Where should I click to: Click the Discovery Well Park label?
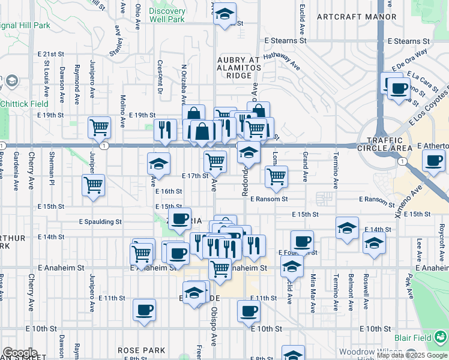click(167, 15)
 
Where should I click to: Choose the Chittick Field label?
click(24, 104)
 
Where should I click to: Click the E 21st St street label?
click(50, 53)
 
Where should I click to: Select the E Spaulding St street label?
click(100, 221)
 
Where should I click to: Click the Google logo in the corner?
click(20, 353)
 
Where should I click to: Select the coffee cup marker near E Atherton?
click(433, 160)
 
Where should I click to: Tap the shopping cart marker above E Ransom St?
click(276, 176)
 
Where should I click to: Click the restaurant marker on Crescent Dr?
click(164, 130)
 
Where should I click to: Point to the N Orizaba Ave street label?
click(184, 84)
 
